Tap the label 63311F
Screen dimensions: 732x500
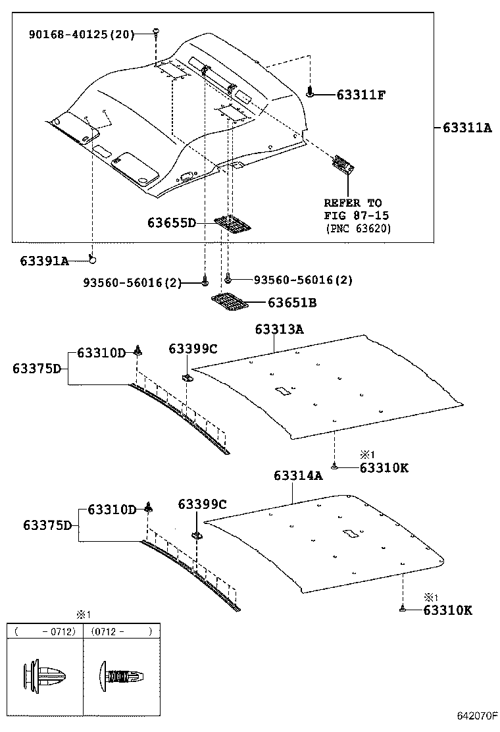[351, 95]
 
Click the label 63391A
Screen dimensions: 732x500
[44, 261]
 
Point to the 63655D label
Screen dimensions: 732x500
[171, 223]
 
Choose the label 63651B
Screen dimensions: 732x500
[291, 303]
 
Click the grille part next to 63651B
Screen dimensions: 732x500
[228, 302]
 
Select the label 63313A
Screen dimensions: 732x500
[278, 329]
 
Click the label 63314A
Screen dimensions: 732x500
[298, 475]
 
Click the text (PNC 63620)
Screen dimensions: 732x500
[358, 228]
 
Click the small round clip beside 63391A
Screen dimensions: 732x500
[93, 259]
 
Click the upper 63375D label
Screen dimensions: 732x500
[37, 369]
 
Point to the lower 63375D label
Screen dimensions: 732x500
[47, 525]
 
